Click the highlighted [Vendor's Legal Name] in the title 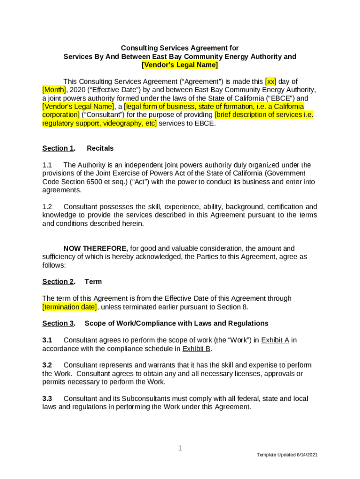[x=180, y=65]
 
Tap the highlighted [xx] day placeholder [x=271, y=81]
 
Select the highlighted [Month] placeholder [x=54, y=90]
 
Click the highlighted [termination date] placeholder [x=70, y=307]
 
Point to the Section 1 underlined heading [x=58, y=148]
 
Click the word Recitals [x=100, y=148]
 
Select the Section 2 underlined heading [x=58, y=282]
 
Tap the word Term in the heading [x=93, y=282]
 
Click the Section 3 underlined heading [x=58, y=323]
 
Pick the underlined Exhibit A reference [x=275, y=340]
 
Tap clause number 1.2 [x=47, y=207]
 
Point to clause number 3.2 [x=47, y=365]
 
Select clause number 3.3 [x=47, y=399]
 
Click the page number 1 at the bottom [x=180, y=449]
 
